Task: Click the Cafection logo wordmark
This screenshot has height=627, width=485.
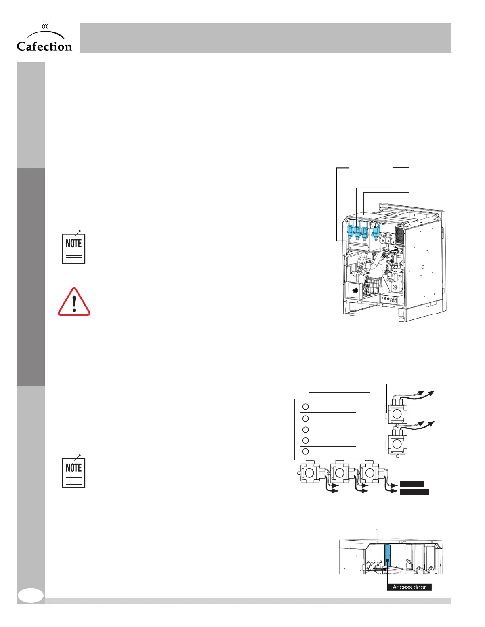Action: click(44, 46)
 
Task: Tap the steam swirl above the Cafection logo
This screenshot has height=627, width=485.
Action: click(46, 25)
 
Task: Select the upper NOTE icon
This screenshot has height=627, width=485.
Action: click(74, 248)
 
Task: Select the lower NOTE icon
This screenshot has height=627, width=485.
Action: click(74, 472)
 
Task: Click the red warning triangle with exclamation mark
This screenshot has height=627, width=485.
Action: click(74, 302)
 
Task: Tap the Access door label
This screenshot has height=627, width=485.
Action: click(409, 587)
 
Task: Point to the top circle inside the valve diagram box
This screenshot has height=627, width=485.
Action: click(306, 407)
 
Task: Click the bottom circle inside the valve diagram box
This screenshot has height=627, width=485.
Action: click(306, 451)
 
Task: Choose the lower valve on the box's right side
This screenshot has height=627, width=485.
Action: click(396, 444)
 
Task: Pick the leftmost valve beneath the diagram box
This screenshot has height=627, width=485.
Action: click(309, 473)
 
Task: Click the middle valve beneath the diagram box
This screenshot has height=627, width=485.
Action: click(340, 473)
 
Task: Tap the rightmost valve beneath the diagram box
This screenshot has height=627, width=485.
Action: click(369, 473)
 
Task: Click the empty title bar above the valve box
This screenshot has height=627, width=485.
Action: click(339, 395)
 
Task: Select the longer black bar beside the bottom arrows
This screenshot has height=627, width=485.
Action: click(414, 492)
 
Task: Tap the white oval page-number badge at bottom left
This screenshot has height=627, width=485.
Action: click(31, 595)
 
